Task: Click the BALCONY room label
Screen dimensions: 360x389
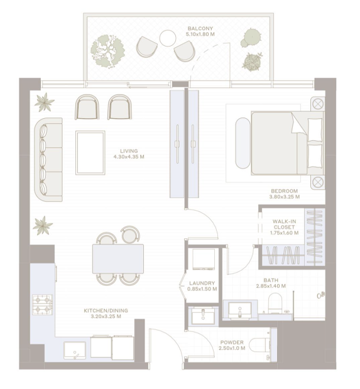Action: point(200,31)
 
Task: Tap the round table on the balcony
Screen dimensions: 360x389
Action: point(168,38)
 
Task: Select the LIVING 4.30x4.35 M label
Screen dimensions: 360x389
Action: point(129,154)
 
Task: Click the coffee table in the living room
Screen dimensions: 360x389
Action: point(90,153)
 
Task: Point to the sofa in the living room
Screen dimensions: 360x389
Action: point(48,160)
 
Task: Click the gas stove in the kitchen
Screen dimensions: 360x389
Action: point(43,305)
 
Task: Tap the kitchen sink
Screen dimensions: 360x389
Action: point(75,350)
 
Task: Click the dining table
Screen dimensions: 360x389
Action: point(118,259)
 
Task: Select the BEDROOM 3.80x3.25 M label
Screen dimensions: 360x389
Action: point(285,194)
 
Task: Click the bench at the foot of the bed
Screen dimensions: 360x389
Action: point(243,143)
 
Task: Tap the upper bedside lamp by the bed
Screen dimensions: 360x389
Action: point(317,104)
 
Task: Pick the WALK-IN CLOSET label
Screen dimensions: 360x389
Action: point(285,227)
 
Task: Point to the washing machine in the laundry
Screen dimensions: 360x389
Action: point(204,260)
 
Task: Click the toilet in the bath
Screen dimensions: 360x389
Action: point(275,303)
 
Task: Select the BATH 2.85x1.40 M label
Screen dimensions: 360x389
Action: point(271,283)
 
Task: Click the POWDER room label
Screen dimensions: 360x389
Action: point(232,346)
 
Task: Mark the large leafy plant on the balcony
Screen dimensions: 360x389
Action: point(107,51)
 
